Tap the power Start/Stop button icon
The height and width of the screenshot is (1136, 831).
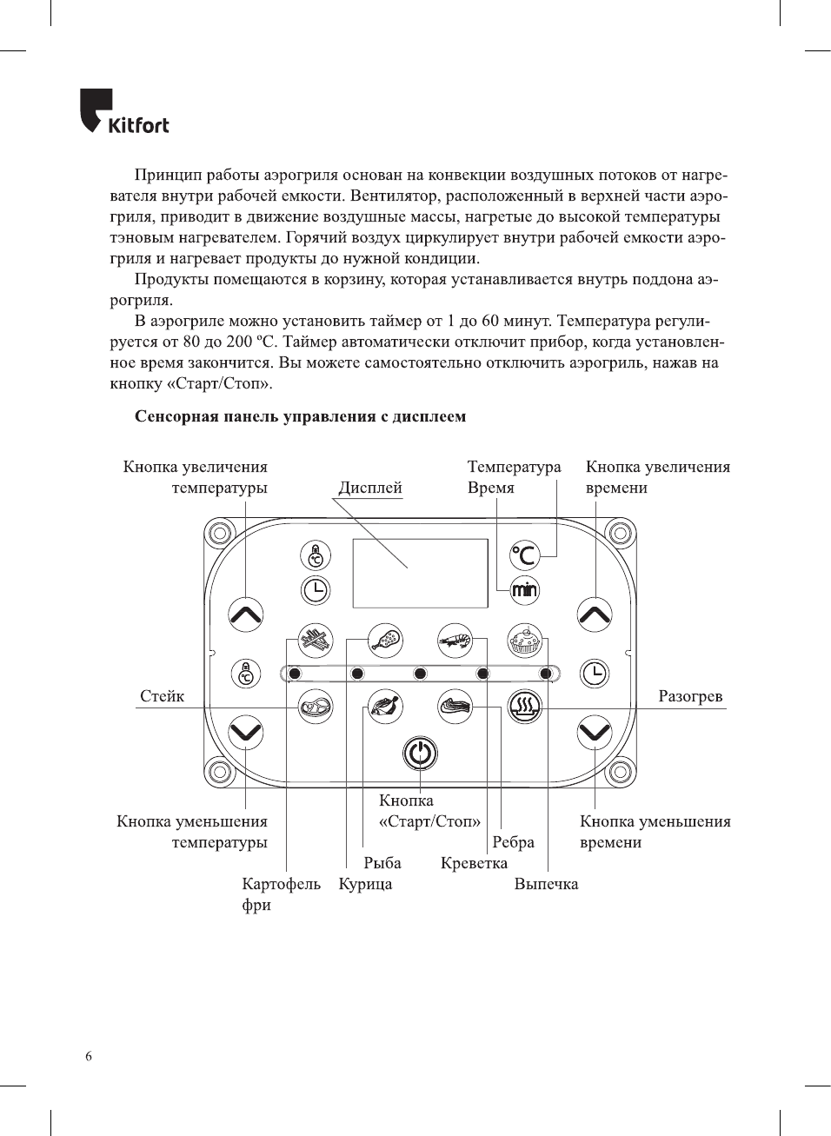[420, 753]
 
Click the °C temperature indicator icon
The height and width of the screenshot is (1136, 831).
[524, 555]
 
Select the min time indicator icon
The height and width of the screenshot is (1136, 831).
[524, 591]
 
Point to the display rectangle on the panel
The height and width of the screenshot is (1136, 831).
[420, 573]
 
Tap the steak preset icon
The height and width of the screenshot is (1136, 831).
[316, 707]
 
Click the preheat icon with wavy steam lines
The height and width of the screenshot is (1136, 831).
[524, 707]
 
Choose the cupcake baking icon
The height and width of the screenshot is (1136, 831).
[524, 641]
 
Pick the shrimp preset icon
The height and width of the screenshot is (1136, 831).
[455, 641]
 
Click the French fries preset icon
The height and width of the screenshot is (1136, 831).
[316, 641]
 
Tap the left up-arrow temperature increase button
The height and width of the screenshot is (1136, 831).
[246, 615]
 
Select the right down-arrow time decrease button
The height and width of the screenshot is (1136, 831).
[595, 732]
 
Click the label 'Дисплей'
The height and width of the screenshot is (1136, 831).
[370, 488]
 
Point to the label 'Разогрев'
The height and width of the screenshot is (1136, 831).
[690, 696]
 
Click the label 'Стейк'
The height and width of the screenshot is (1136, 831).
[163, 696]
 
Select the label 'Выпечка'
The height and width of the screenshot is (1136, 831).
[546, 884]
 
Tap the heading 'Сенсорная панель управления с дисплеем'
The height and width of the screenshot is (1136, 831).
[300, 416]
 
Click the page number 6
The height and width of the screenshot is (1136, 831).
[89, 1056]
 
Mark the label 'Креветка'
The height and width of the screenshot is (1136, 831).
[474, 863]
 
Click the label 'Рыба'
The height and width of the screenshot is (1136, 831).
[382, 863]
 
